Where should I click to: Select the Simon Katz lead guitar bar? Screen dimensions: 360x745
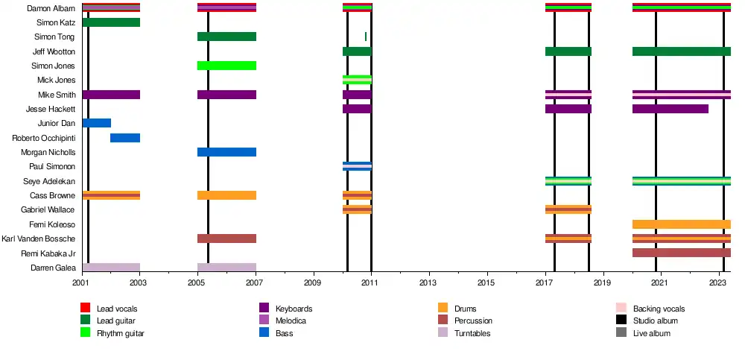click(111, 22)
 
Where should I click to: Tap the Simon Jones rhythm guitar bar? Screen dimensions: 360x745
click(226, 66)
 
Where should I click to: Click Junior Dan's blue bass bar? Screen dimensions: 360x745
click(97, 123)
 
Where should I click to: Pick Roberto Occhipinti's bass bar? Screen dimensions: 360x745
click(125, 138)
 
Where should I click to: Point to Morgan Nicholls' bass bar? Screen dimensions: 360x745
click(226, 152)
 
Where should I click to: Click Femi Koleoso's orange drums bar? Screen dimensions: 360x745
click(681, 224)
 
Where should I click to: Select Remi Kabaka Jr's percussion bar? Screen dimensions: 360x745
click(681, 253)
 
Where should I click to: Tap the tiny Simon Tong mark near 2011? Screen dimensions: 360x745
click(365, 37)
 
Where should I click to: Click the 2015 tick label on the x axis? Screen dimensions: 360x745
click(486, 283)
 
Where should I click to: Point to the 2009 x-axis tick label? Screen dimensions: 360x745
click(313, 283)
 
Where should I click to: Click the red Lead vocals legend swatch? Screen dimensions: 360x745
click(85, 308)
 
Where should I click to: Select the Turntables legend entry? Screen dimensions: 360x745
click(472, 333)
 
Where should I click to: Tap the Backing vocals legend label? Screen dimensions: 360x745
click(659, 309)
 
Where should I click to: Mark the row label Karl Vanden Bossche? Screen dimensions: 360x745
click(39, 239)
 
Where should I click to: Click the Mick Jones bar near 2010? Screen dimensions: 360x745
click(357, 80)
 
